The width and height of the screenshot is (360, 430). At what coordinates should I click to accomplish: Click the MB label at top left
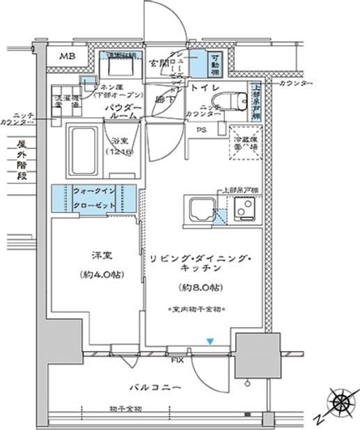click(x=68, y=56)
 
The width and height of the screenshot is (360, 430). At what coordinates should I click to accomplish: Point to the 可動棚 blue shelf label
click(x=216, y=65)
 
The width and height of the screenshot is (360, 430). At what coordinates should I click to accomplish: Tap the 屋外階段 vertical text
click(x=22, y=161)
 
